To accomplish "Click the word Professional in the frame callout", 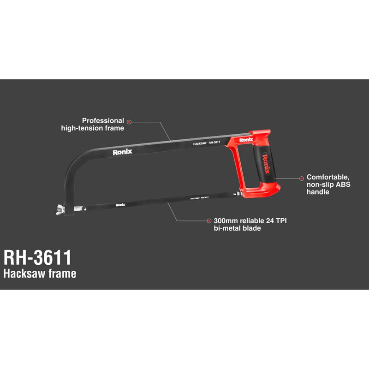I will tap(103, 120).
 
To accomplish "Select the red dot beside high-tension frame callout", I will tap(130, 122).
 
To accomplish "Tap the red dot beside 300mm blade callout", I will tap(209, 221).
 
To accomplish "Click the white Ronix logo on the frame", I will tap(123, 153).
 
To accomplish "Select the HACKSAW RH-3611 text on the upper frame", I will tap(206, 144).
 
